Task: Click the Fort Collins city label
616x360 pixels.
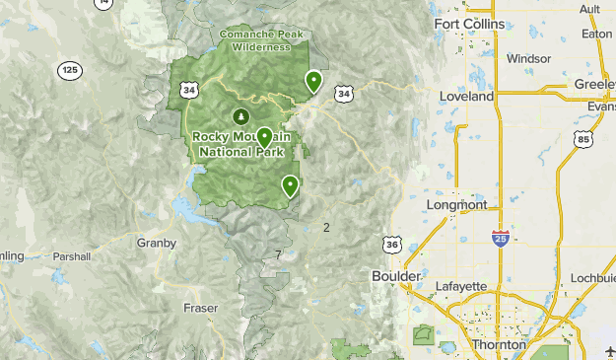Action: click(469, 24)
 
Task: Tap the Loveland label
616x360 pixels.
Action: click(469, 97)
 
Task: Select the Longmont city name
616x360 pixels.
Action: click(456, 205)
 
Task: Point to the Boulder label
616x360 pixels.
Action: click(397, 276)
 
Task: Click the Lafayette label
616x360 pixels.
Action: click(461, 286)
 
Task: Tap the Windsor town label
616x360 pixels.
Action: click(528, 58)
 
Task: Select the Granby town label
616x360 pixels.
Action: click(157, 243)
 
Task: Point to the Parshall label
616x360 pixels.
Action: click(71, 256)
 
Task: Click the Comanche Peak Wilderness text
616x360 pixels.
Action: click(262, 38)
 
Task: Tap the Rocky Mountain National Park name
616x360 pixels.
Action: click(241, 144)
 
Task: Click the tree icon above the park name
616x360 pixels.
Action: click(237, 117)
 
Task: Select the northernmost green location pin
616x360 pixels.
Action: click(313, 81)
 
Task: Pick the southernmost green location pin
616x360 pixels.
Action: click(290, 184)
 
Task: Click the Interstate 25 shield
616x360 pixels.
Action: click(501, 238)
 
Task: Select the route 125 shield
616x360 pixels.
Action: click(69, 70)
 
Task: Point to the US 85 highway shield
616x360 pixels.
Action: click(585, 141)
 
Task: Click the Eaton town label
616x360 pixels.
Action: click(597, 33)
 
